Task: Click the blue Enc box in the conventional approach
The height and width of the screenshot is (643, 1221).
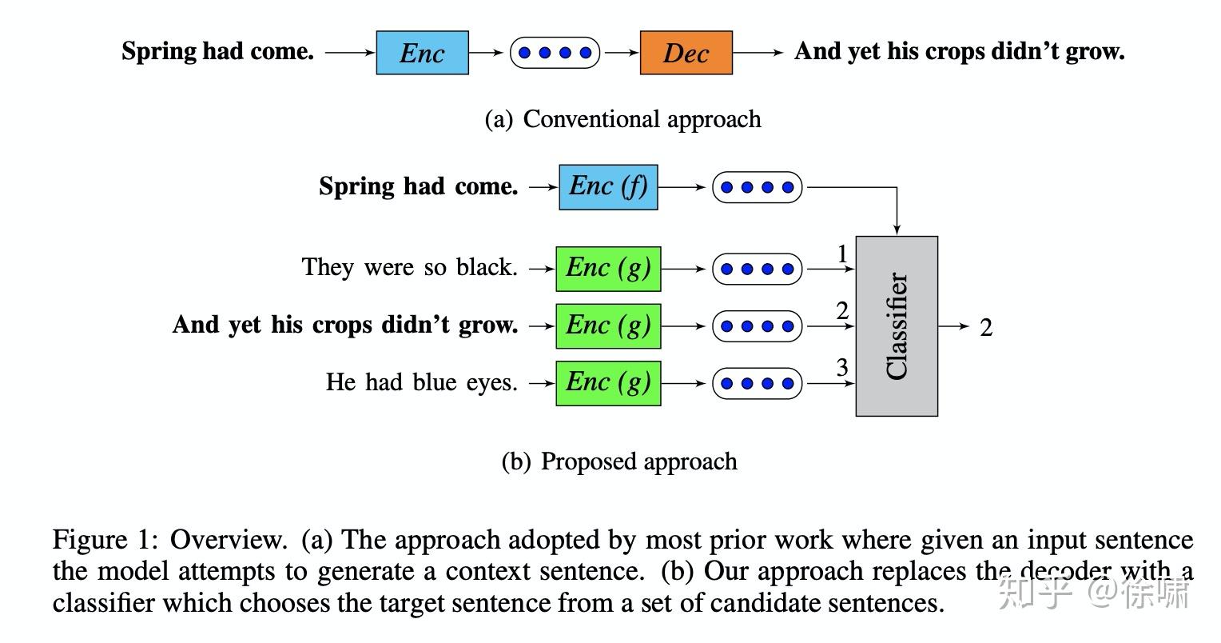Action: pos(422,53)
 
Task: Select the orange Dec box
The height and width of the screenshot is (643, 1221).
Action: pos(686,53)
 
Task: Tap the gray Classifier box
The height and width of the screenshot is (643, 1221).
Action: pos(897,326)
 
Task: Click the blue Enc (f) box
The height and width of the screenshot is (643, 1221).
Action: pos(608,186)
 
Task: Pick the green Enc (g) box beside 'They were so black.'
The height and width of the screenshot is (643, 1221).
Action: pos(608,268)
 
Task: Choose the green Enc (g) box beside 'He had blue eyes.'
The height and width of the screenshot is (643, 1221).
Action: pos(608,383)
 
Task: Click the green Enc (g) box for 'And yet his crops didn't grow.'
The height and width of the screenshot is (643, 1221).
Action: pos(608,325)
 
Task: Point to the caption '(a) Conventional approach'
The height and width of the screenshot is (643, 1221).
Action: pos(622,119)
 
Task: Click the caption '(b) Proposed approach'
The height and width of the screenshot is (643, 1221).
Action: pos(619,461)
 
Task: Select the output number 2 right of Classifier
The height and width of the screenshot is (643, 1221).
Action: pos(986,328)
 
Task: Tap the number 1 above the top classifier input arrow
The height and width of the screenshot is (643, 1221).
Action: pos(842,254)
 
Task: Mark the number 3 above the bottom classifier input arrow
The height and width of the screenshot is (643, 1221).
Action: pos(842,368)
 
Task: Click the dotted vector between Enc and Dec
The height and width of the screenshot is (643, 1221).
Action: pos(555,53)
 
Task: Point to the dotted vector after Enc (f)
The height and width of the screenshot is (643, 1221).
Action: pos(756,187)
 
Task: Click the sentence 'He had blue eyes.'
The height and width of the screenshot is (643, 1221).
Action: pos(421,382)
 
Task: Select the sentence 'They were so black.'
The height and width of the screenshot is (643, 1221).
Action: pos(409,267)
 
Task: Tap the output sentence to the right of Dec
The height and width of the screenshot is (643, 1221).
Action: pos(959,52)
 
